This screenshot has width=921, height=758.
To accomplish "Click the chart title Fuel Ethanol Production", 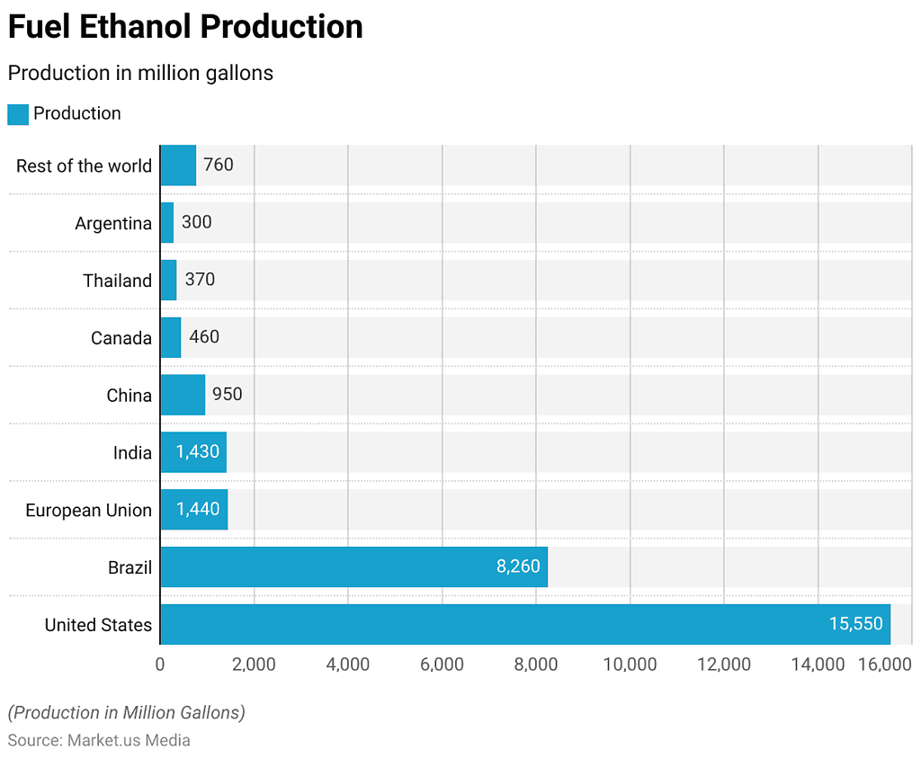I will click(x=185, y=27).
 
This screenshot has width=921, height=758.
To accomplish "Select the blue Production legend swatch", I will click(x=18, y=114).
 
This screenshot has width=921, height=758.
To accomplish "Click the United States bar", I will click(x=524, y=624).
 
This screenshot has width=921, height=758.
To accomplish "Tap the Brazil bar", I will click(x=353, y=567).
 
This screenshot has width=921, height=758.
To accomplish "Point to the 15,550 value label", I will click(x=855, y=624).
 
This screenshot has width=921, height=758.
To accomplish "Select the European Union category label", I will click(x=88, y=510).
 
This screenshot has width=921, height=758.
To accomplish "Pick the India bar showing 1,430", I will click(x=193, y=452).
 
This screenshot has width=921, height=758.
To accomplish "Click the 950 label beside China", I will click(x=227, y=395).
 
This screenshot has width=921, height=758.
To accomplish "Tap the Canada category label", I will click(x=121, y=338).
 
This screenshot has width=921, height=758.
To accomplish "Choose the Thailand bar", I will click(x=168, y=281).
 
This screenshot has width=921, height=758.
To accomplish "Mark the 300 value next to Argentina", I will click(x=196, y=222).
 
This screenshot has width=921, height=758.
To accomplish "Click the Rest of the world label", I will click(x=84, y=165).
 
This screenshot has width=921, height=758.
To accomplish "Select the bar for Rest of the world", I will click(x=178, y=165).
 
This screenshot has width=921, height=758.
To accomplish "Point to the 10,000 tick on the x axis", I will click(x=630, y=664).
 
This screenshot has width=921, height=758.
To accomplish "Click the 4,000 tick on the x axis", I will click(x=348, y=664).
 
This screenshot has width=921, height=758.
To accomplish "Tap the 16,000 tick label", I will click(x=885, y=664).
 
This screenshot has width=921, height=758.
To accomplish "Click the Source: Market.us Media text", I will click(x=99, y=740).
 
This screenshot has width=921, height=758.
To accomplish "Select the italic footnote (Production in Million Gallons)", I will click(x=126, y=712).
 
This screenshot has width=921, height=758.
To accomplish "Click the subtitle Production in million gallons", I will click(x=140, y=73).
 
